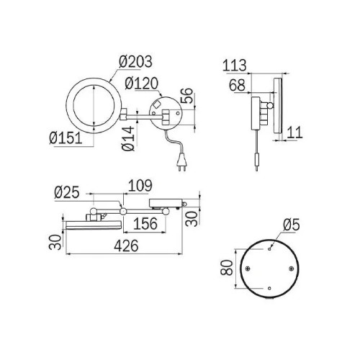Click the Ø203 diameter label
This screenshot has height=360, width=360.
135,61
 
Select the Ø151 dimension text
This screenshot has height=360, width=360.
66,138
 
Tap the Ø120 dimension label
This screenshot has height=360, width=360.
142,84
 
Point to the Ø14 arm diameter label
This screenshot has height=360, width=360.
128,138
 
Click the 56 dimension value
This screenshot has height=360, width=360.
186,96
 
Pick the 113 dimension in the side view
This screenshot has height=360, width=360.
235,66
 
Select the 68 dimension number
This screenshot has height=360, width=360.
237,85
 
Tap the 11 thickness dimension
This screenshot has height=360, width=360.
294,132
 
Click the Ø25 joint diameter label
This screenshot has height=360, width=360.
67,192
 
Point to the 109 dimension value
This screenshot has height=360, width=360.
140,186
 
